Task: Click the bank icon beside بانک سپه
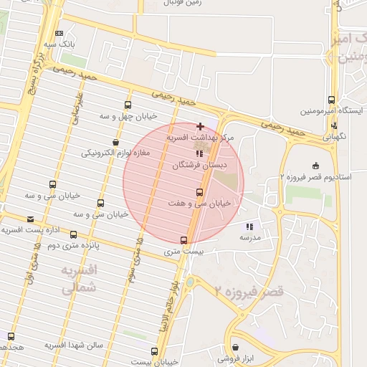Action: [x=59, y=33]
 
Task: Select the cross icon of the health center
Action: [x=200, y=126]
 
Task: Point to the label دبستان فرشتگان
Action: [x=199, y=164]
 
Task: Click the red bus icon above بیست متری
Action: [x=184, y=240]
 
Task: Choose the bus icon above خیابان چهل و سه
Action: [x=128, y=104]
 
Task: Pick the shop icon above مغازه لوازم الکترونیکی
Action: [x=116, y=141]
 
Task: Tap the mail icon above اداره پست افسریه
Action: [x=30, y=219]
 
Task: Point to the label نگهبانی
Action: [x=337, y=135]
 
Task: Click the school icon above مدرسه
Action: [x=249, y=227]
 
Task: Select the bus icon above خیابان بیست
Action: [x=154, y=351]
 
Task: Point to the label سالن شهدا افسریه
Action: [x=75, y=345]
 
